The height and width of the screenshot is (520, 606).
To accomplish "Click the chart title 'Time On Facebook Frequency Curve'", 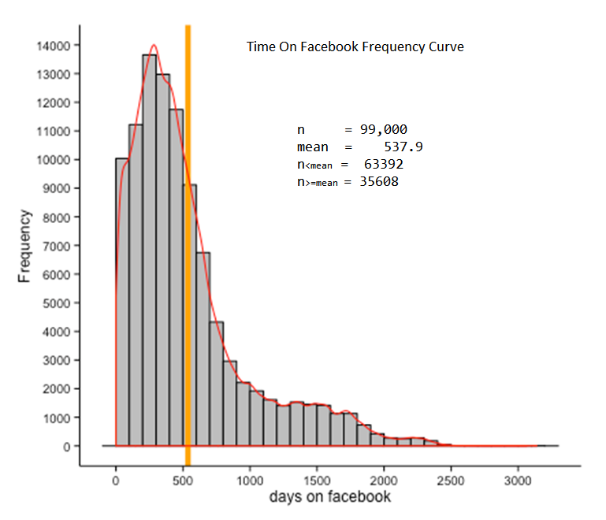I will click(355, 47).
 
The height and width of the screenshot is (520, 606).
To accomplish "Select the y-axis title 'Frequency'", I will click(24, 245).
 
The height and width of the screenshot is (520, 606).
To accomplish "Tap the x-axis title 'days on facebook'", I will click(329, 497).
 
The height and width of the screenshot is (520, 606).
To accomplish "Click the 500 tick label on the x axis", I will click(183, 479).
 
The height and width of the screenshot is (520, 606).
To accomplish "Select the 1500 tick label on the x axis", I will click(316, 479).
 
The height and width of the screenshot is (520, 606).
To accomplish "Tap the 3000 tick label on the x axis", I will click(517, 479).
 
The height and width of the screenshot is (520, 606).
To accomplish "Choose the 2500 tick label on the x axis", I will click(450, 479).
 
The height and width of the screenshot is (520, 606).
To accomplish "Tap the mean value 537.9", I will click(404, 147).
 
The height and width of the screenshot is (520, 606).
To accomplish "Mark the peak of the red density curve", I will click(154, 45).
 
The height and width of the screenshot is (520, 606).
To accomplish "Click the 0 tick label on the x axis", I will click(116, 479).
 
